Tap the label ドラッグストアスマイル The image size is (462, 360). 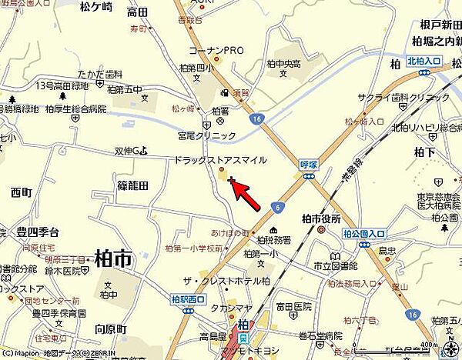tap(220, 160)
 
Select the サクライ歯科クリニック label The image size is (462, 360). tap(403, 98)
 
